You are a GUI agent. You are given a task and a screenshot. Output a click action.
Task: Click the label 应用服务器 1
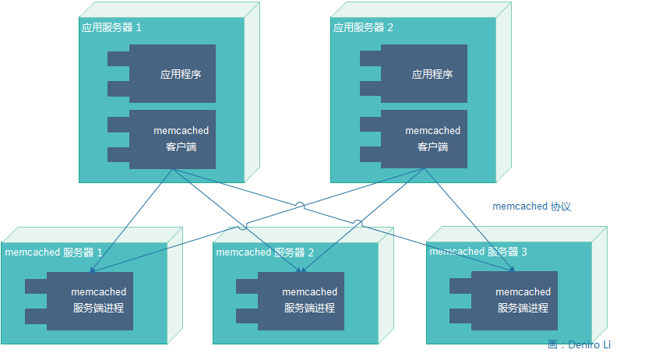[111, 27]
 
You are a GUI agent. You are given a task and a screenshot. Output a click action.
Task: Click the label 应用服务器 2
[363, 27]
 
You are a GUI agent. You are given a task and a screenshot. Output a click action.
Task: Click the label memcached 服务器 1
[53, 252]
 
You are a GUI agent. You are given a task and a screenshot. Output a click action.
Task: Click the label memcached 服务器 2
[265, 252]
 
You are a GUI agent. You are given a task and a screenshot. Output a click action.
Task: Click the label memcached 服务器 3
[478, 252]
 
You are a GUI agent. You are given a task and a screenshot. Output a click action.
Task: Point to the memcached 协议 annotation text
[532, 206]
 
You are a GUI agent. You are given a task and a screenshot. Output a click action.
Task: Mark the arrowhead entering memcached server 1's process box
[93, 271]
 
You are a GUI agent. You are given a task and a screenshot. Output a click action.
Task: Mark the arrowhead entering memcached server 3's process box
[513, 270]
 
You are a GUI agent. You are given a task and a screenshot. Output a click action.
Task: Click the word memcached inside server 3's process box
[523, 292]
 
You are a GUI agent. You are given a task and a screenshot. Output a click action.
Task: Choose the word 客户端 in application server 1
[181, 146]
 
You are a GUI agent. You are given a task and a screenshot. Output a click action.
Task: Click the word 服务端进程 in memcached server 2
[309, 308]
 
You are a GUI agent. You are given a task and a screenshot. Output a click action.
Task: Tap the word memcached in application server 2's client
[432, 131]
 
